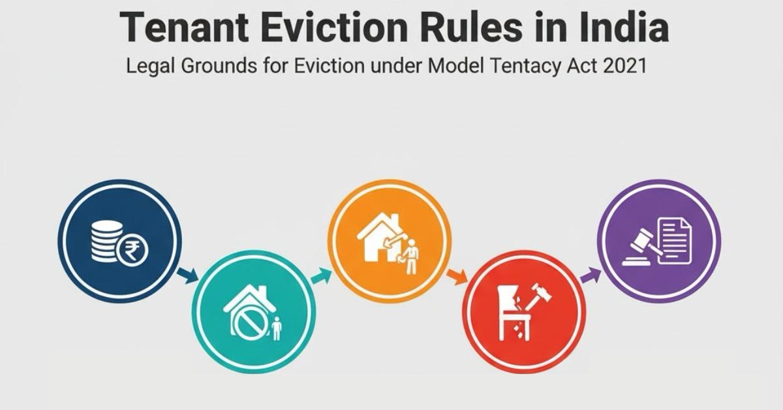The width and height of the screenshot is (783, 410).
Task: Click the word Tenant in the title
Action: click(x=184, y=27)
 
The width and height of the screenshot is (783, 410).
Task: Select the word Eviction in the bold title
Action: click(x=335, y=27)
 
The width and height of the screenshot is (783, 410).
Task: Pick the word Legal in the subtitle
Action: click(x=150, y=67)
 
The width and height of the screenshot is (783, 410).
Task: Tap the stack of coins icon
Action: click(x=106, y=242)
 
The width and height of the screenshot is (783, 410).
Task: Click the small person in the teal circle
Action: click(x=277, y=328)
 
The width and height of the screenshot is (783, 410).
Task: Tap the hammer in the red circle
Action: click(x=538, y=296)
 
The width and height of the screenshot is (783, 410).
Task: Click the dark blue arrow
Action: click(x=188, y=276)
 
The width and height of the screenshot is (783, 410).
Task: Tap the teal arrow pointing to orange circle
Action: click(x=320, y=276)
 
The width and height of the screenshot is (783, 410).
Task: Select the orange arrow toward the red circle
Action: click(x=457, y=277)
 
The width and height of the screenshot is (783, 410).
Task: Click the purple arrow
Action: click(x=591, y=275)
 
